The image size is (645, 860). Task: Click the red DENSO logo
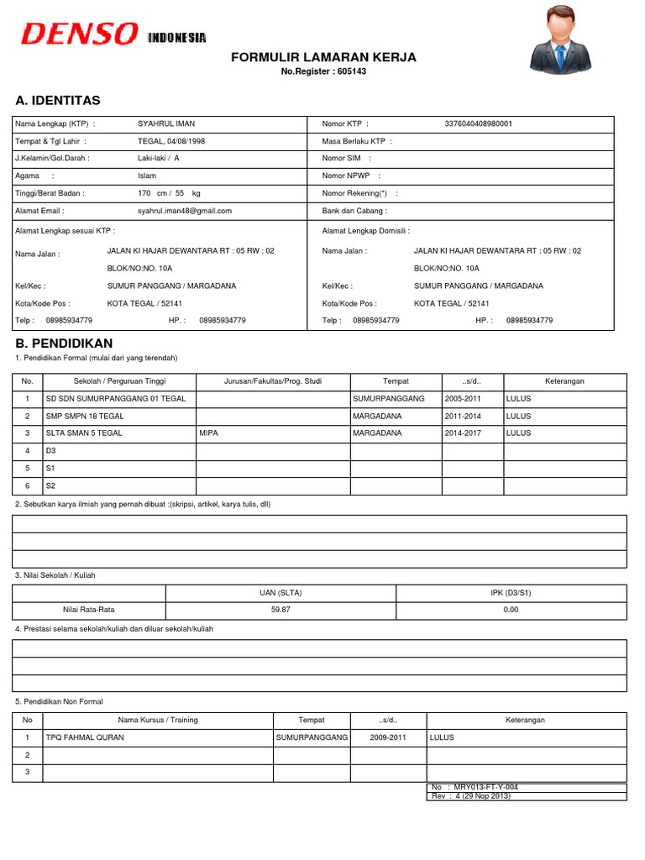(x=79, y=34)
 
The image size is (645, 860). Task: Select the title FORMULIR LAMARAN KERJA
(x=323, y=57)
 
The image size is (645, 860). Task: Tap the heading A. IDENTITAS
(x=58, y=101)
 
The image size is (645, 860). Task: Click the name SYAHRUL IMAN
(x=166, y=123)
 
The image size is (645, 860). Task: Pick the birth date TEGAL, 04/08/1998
(x=171, y=141)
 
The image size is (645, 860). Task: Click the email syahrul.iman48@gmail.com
(x=185, y=211)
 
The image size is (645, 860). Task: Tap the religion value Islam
(x=147, y=176)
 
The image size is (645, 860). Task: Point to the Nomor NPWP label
(x=349, y=176)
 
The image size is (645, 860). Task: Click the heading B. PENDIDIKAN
(x=64, y=343)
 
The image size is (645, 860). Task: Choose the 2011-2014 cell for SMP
(x=464, y=416)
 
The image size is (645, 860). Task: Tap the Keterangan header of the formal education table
(x=564, y=380)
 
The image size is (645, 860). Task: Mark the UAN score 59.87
(x=281, y=610)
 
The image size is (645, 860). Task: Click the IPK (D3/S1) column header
(x=510, y=592)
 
